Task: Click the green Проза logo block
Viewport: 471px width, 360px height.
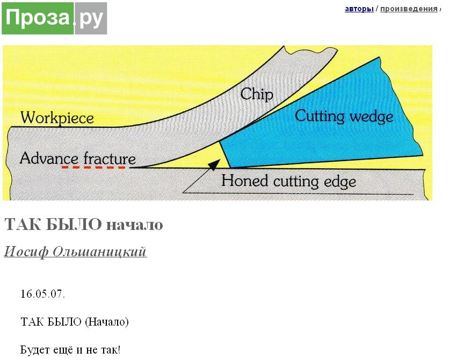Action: (38, 18)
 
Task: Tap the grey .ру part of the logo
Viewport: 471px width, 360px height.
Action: (90, 18)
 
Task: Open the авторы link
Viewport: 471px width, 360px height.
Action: (359, 9)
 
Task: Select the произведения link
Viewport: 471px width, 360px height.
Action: (409, 9)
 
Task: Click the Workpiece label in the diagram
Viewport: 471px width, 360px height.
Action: (57, 118)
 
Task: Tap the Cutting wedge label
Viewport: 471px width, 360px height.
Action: (344, 116)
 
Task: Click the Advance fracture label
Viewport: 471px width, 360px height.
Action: (78, 159)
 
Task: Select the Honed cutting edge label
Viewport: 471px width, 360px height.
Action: (288, 182)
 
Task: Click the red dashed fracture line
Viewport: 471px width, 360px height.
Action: (93, 167)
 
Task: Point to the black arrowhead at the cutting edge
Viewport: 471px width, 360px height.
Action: (214, 164)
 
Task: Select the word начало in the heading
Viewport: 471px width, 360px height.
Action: (135, 225)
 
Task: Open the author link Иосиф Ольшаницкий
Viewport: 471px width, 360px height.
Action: (75, 251)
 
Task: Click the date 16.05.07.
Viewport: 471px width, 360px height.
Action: (42, 293)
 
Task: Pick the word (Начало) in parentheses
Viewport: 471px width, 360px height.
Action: (107, 322)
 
